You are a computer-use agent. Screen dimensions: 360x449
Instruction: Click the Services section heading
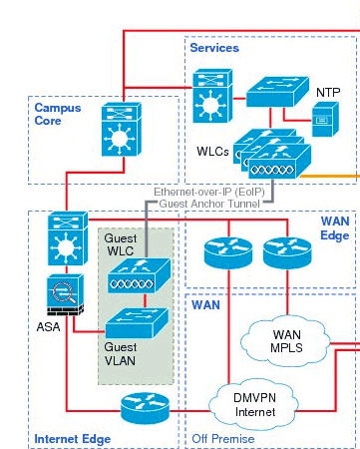(x=214, y=48)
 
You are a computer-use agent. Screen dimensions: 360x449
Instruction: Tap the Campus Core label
(x=58, y=114)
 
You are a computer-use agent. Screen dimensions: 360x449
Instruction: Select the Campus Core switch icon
(x=122, y=129)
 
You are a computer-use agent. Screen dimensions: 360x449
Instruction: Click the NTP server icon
(x=325, y=119)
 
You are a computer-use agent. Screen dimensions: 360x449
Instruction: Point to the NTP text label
(x=328, y=92)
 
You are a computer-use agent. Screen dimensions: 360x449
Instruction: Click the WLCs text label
(x=212, y=152)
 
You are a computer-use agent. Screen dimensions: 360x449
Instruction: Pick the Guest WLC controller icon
(x=139, y=276)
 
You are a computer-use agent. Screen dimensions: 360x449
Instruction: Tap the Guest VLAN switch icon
(x=137, y=323)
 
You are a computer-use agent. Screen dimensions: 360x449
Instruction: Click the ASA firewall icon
(x=65, y=294)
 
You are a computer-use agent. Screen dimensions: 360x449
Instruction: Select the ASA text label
(x=49, y=327)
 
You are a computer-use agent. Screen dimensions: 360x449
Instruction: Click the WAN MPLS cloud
(x=286, y=341)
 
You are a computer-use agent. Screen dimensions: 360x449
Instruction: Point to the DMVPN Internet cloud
(x=254, y=404)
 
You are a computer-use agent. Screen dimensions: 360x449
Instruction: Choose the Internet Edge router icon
(x=145, y=408)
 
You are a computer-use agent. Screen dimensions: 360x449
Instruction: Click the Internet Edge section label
(x=73, y=439)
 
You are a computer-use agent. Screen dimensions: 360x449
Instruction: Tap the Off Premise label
(x=223, y=439)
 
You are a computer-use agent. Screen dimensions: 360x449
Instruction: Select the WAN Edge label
(x=335, y=228)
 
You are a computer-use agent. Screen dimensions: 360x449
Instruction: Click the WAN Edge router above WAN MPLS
(x=287, y=252)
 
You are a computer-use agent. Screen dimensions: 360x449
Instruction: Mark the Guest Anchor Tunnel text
(x=209, y=204)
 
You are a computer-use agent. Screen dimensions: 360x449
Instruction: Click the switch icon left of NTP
(x=277, y=92)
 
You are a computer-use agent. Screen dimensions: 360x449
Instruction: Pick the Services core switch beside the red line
(x=212, y=96)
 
